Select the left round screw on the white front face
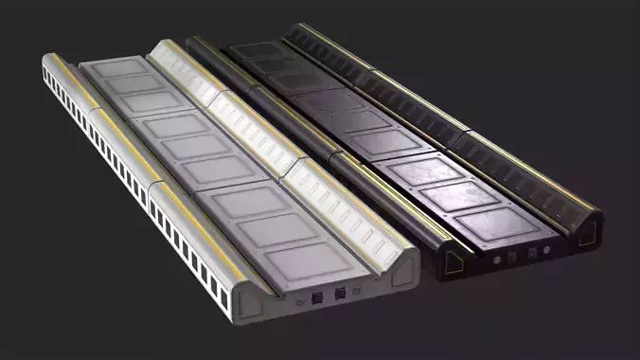tap(300, 300)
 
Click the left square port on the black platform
tap(512, 255)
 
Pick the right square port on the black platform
tap(532, 252)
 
